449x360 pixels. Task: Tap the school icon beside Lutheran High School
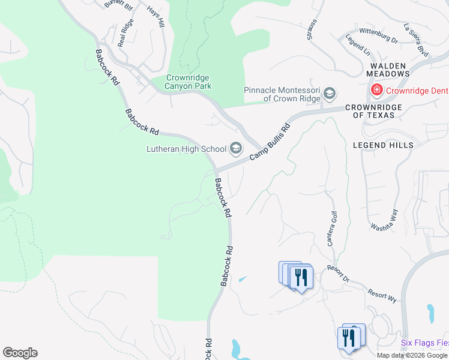coord(236,148)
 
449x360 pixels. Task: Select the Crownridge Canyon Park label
coord(189,82)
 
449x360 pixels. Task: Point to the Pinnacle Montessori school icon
coord(329,94)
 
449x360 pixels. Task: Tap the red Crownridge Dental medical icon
coord(376,91)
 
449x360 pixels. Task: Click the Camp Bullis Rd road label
coord(270,142)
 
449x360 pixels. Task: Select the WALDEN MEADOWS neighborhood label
coord(388,70)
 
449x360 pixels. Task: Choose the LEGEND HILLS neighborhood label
coord(383,145)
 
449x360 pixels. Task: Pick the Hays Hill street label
coord(155,18)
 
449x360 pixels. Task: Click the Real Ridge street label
coord(125,32)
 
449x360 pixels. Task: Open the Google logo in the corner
coord(20,353)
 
